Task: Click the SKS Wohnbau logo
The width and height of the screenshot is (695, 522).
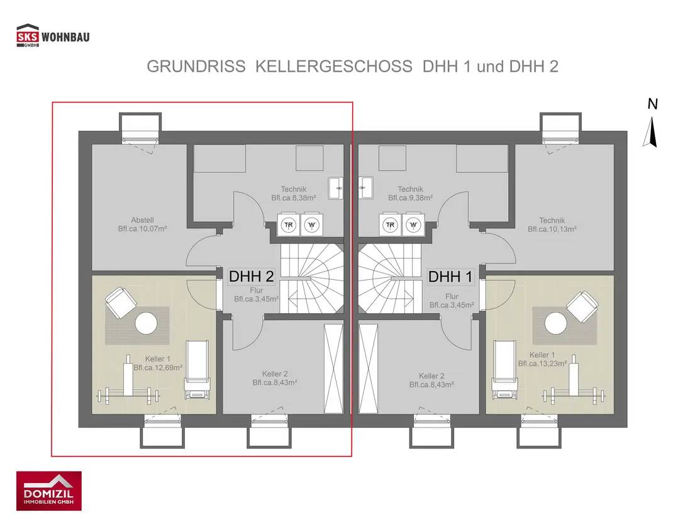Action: (x=53, y=36)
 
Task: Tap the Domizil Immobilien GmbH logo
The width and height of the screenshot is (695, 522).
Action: (x=48, y=491)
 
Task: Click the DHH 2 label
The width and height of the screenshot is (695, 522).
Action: (x=251, y=276)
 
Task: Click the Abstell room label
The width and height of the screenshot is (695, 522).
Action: (x=142, y=220)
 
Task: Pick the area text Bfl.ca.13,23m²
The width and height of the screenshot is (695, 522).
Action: (x=543, y=364)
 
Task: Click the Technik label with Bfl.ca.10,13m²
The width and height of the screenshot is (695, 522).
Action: (x=552, y=220)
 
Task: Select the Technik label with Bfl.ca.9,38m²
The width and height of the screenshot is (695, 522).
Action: (x=410, y=189)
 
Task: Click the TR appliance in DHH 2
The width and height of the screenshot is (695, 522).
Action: (x=289, y=225)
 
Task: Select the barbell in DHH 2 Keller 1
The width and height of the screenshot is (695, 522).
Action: (x=126, y=396)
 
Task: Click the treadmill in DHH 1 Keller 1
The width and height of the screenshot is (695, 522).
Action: (x=503, y=371)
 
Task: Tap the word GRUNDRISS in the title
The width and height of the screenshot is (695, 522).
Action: (x=196, y=67)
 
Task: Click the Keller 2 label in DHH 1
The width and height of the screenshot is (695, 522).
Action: (x=431, y=375)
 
